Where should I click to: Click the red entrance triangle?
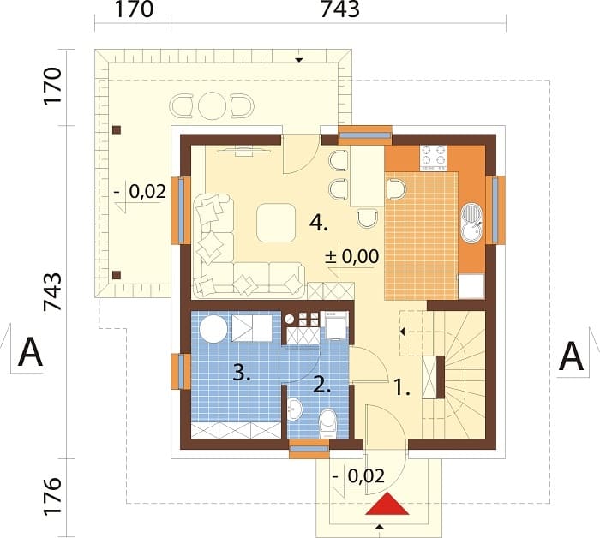(387, 505)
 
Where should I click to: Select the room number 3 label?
(242, 373)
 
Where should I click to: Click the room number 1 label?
(402, 388)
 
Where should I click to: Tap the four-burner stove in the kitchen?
(434, 158)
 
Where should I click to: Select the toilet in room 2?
(328, 424)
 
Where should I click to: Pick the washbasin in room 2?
(294, 409)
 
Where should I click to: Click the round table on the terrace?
(212, 105)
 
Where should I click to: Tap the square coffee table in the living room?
(276, 223)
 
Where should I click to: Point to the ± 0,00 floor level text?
(352, 256)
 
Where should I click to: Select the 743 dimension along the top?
(339, 9)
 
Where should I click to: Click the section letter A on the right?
(571, 356)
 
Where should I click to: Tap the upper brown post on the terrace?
(117, 130)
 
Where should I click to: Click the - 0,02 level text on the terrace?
(140, 191)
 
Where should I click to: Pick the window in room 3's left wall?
(181, 372)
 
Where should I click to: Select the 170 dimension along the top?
(135, 9)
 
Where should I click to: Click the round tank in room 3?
(213, 329)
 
